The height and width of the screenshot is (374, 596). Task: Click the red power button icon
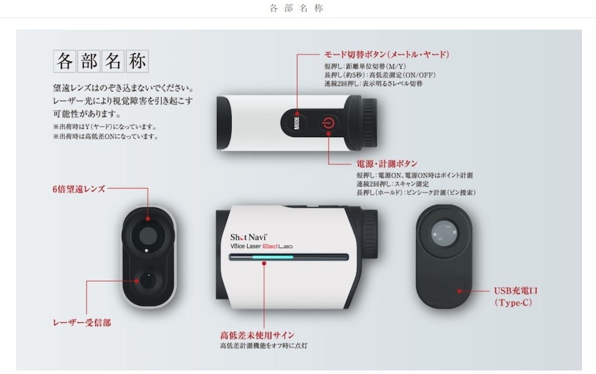[x=328, y=122]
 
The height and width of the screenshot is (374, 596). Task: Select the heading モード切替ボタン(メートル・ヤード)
[x=387, y=54]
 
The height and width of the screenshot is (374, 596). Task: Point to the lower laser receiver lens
[x=146, y=280]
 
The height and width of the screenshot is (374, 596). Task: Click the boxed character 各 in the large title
[x=65, y=62]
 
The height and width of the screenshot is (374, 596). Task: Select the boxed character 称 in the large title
[x=137, y=62]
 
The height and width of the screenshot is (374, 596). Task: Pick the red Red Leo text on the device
[x=277, y=247]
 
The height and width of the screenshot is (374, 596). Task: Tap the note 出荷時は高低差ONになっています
[x=106, y=136]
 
